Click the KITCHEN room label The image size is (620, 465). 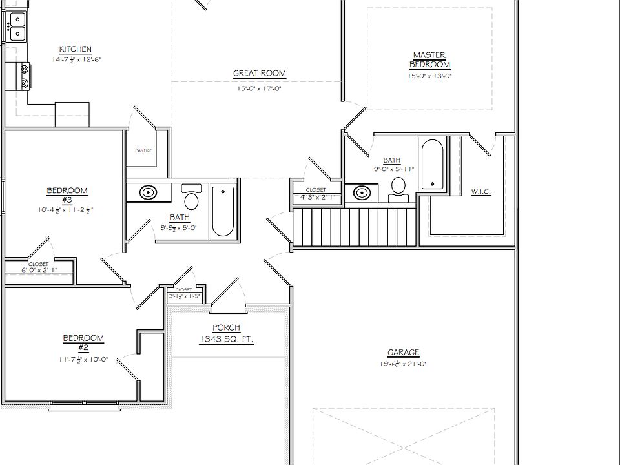(76, 49)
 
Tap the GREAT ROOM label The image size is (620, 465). (259, 74)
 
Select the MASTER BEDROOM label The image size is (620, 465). (429, 60)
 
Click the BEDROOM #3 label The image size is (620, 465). (67, 194)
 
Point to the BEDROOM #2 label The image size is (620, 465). (83, 342)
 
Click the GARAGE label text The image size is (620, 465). (403, 353)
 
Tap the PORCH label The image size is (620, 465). (226, 328)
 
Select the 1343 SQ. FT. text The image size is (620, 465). (226, 340)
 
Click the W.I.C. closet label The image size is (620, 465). (481, 192)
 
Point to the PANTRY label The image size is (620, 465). (143, 151)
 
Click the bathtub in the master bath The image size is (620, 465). (432, 164)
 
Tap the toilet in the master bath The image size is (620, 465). (398, 187)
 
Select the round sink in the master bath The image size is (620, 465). (363, 192)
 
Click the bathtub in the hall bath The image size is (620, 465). (223, 211)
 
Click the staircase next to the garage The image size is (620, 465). (354, 227)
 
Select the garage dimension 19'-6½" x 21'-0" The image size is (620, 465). (403, 364)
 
